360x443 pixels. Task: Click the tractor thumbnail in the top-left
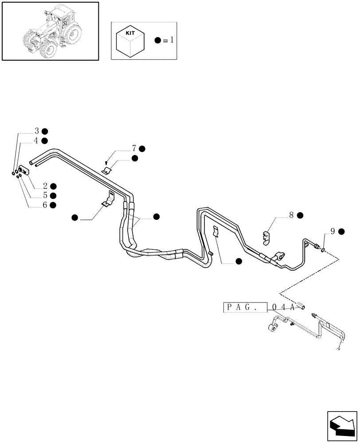click(x=50, y=31)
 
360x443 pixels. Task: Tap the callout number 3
click(x=37, y=131)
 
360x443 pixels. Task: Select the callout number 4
click(x=37, y=140)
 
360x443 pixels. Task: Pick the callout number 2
click(x=45, y=186)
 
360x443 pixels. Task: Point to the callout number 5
click(x=45, y=195)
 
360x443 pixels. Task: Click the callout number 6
click(x=45, y=205)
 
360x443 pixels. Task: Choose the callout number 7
click(x=134, y=148)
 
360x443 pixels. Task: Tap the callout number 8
click(x=291, y=215)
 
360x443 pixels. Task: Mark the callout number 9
click(x=333, y=231)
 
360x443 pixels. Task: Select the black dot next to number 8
click(x=300, y=215)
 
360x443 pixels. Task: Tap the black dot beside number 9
click(x=341, y=231)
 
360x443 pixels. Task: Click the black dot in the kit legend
click(x=158, y=40)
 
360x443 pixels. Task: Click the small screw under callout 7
click(x=107, y=162)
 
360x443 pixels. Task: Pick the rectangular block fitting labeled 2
click(x=24, y=170)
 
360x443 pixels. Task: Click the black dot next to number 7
click(x=142, y=148)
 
